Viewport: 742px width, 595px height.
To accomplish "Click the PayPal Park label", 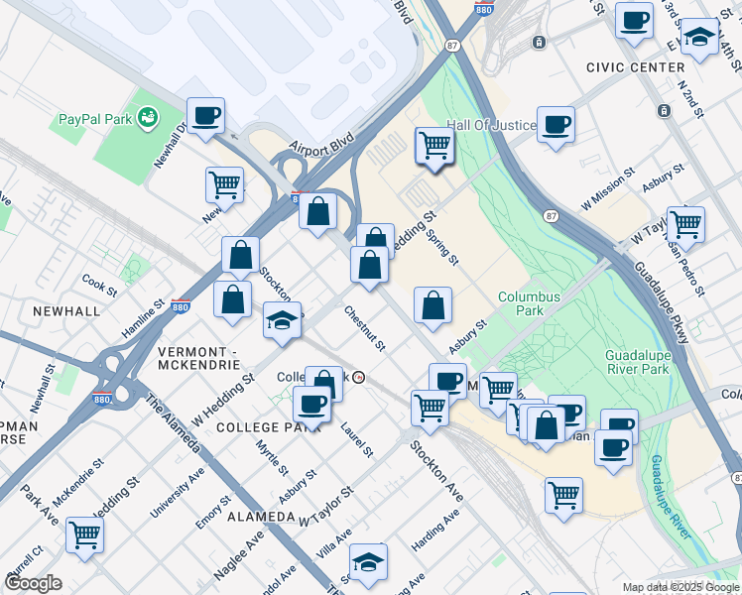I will pyautogui.click(x=94, y=119).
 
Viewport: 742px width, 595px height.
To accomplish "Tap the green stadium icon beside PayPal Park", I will pyautogui.click(x=148, y=119).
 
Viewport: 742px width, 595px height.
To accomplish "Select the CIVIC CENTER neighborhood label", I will pyautogui.click(x=635, y=67).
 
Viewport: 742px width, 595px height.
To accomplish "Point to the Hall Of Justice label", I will pyautogui.click(x=491, y=125).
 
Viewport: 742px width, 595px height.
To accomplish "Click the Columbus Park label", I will pyautogui.click(x=529, y=303).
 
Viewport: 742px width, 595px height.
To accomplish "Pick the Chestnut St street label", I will pyautogui.click(x=364, y=327).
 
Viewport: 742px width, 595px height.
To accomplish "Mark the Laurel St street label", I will pyautogui.click(x=356, y=439).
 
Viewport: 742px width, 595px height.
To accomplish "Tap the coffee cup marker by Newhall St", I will pyautogui.click(x=206, y=117).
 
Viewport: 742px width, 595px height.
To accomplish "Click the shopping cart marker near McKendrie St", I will pyautogui.click(x=85, y=535).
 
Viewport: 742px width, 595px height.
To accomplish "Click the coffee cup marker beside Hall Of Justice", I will pyautogui.click(x=556, y=125).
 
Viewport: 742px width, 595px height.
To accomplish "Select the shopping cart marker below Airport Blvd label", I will pyautogui.click(x=434, y=146).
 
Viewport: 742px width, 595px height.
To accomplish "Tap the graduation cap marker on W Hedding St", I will pyautogui.click(x=282, y=321).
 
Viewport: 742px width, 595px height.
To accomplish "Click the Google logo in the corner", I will pyautogui.click(x=34, y=583).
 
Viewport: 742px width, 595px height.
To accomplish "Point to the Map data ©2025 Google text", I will pyautogui.click(x=680, y=587).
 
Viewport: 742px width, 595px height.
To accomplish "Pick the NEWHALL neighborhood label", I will pyautogui.click(x=65, y=310).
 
